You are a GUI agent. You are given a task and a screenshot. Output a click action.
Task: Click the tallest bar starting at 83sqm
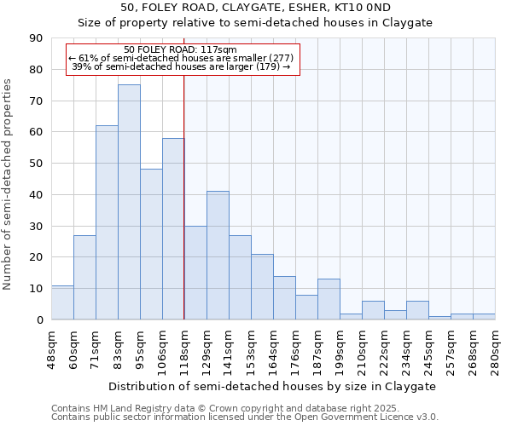point(129,202)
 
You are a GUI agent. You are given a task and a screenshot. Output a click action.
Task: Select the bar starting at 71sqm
point(107,222)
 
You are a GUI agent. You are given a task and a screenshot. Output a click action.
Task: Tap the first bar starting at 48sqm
point(62,302)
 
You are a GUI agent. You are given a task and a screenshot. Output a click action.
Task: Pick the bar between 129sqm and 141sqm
point(218,256)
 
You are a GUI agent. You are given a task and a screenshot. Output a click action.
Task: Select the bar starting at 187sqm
point(329,299)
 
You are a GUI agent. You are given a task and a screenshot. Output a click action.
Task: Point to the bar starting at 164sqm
point(284,297)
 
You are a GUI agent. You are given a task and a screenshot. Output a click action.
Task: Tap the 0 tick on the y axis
point(39,319)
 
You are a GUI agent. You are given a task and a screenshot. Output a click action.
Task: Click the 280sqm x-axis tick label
point(495,348)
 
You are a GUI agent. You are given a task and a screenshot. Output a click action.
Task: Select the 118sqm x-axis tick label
point(184,348)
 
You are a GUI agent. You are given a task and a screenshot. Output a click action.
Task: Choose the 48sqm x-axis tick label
point(51,348)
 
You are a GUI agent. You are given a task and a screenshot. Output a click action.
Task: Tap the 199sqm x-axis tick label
point(340,348)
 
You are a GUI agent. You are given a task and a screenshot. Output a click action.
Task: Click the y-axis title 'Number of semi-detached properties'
point(9,184)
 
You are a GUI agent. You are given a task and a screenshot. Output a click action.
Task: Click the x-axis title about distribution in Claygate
point(273,386)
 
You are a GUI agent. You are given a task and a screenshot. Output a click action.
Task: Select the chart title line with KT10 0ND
point(256,7)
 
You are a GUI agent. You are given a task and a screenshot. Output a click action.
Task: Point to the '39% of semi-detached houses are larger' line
point(181,66)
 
